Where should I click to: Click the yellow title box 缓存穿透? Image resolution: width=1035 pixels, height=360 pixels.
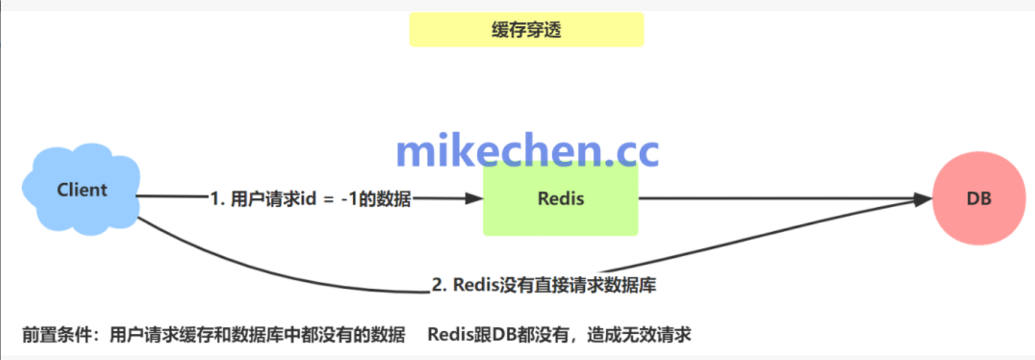pos(526,30)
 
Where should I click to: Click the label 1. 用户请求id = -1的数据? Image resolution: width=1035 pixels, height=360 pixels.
pos(311,199)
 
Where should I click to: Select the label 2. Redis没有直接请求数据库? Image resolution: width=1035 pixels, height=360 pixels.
pos(544,285)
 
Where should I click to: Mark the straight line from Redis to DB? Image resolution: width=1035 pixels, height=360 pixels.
pos(780,198)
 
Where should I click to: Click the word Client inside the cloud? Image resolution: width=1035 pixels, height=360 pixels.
pos(82,190)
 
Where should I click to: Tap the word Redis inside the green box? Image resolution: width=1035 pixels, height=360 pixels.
pos(561,198)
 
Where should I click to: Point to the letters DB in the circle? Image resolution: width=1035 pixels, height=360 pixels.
pos(978,198)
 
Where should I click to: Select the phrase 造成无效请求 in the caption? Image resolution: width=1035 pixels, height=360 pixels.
pos(639,335)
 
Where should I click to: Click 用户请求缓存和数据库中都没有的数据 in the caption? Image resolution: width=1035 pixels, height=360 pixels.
pos(257,335)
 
